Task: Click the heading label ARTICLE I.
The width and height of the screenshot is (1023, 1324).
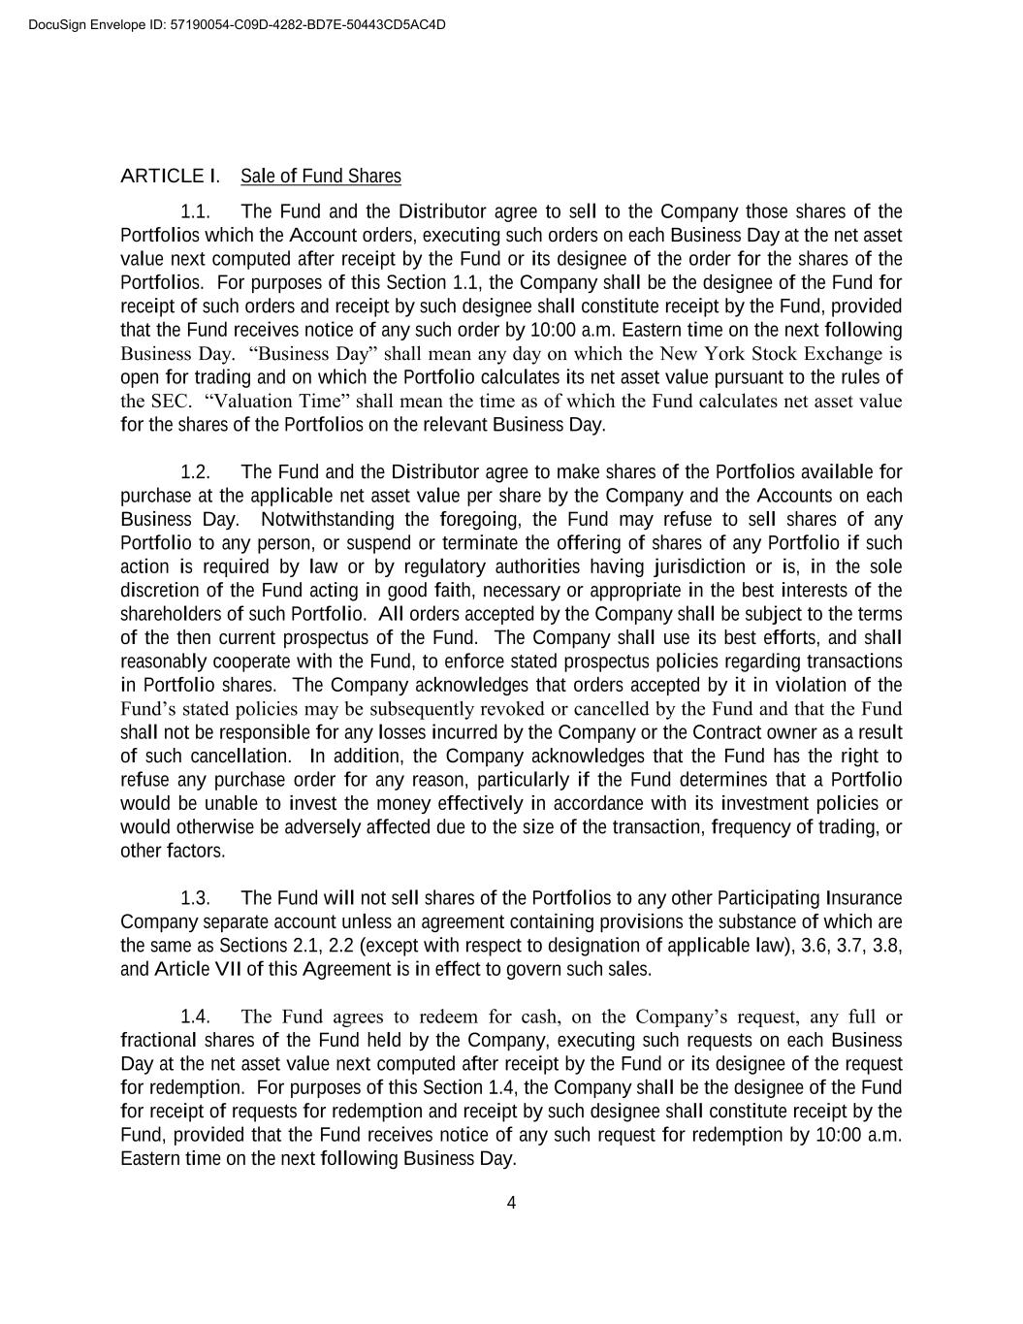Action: [x=170, y=176]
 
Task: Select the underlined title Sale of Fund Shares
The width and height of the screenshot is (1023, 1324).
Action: [x=320, y=176]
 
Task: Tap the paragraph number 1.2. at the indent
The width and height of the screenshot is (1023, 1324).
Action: [x=196, y=472]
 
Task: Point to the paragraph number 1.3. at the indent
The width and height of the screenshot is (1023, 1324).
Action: [x=196, y=898]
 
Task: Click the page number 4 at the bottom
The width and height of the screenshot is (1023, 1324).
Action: [x=511, y=1204]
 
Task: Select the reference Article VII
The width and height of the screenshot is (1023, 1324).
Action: [x=198, y=970]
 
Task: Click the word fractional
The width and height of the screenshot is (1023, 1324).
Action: [x=157, y=1041]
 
